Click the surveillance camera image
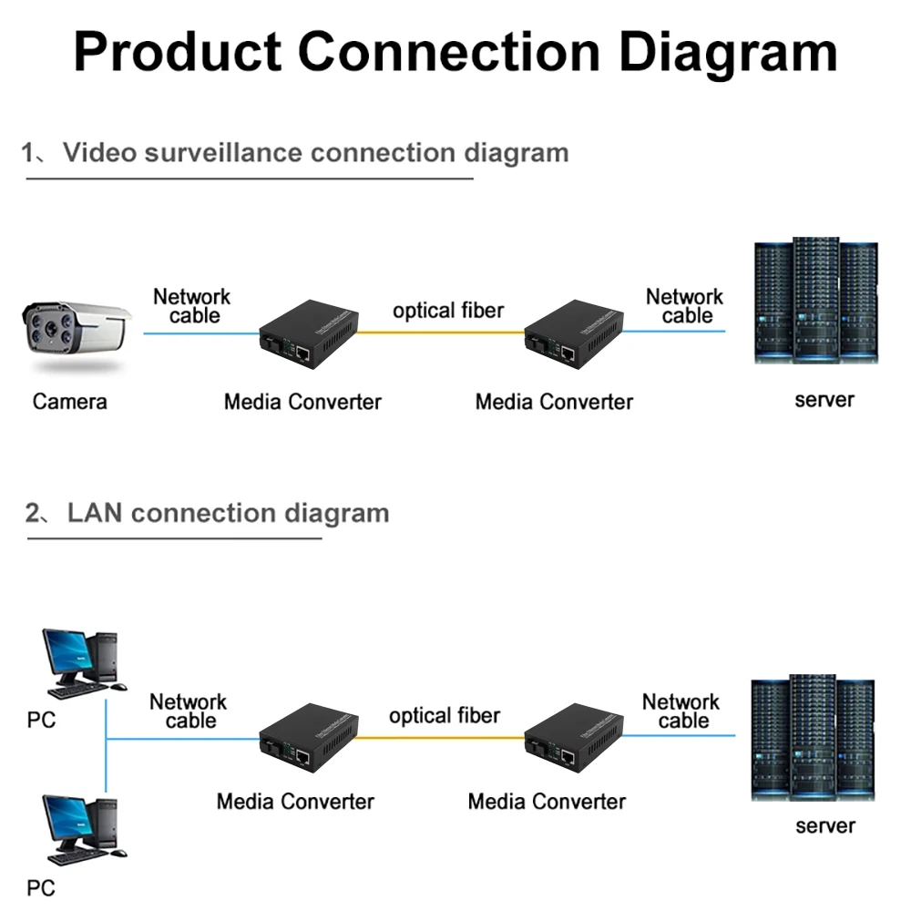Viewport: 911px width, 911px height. click(x=75, y=334)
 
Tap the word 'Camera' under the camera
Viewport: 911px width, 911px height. click(x=69, y=401)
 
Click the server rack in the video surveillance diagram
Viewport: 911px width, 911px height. click(x=816, y=302)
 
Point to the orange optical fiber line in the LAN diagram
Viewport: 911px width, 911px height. click(x=440, y=737)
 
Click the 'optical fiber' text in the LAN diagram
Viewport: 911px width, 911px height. click(x=445, y=716)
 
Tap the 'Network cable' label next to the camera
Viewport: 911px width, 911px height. click(x=192, y=306)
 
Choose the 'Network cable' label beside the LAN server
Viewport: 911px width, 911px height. click(x=681, y=711)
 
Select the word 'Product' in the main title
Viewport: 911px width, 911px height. click(x=177, y=53)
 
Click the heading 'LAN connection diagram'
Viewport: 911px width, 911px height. click(x=228, y=513)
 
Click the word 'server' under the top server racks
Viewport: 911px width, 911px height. click(x=824, y=399)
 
